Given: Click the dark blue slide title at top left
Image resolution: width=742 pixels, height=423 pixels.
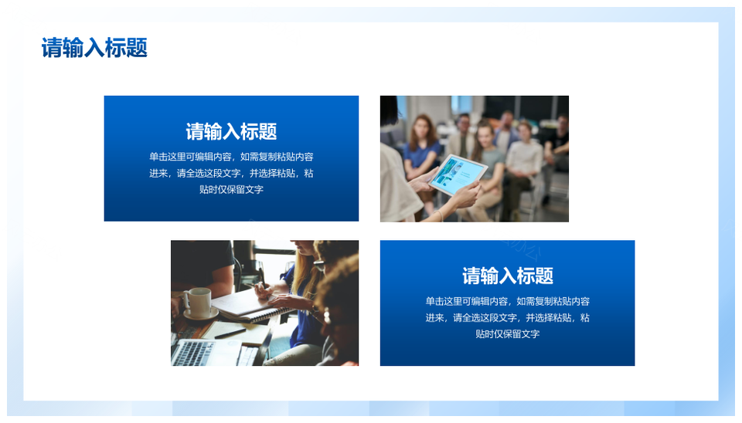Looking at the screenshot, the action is point(94,48).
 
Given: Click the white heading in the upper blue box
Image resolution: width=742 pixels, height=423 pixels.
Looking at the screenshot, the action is point(231,131).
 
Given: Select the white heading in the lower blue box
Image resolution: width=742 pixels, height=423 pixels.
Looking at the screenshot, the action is point(508,276).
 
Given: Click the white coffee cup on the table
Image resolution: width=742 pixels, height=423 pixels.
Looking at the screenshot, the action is point(199,302).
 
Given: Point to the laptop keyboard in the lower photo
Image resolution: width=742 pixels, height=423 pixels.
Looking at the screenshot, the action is point(194,353).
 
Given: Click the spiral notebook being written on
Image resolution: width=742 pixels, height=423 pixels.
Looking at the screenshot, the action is point(250,305).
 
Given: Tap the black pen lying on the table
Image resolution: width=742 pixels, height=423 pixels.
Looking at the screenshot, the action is point(230,333).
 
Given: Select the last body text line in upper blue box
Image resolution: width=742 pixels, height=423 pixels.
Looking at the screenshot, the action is point(231,190).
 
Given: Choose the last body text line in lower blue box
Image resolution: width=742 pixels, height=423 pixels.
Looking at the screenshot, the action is point(508,334).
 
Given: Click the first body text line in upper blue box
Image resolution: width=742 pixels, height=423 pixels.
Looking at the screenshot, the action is point(231,157).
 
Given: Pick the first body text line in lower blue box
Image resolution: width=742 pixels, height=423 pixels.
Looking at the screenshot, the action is point(508,302).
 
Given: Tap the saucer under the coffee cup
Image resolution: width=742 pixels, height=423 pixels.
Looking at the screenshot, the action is point(202,313).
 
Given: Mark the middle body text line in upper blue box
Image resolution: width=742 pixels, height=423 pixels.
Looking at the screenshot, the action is point(231,174).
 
